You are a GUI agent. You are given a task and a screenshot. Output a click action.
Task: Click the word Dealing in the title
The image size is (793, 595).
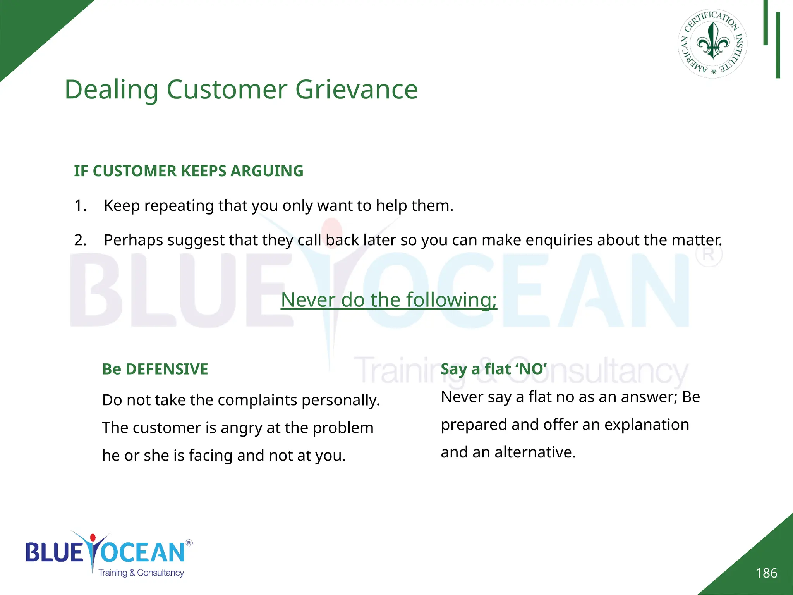(111, 89)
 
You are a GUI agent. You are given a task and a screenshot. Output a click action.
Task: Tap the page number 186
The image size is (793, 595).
(766, 573)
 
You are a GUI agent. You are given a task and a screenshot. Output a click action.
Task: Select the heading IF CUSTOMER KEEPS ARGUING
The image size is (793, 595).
(189, 171)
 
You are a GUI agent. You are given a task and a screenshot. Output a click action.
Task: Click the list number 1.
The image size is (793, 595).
(80, 206)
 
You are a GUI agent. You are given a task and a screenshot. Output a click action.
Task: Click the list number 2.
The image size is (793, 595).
(80, 240)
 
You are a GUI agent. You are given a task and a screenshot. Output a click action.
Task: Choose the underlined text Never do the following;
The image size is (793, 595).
(389, 300)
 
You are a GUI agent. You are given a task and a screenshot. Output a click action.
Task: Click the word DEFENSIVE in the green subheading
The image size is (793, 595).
(167, 369)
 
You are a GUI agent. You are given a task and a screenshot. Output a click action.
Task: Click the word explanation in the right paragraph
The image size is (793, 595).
(647, 425)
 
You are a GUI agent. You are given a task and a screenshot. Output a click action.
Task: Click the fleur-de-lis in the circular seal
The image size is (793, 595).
(713, 41)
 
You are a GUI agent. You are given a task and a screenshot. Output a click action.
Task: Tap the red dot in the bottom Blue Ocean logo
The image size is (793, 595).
(93, 538)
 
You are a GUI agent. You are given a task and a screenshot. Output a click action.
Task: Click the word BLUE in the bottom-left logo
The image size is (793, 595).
(54, 552)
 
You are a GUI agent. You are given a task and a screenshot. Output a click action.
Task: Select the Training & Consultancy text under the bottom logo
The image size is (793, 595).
(141, 573)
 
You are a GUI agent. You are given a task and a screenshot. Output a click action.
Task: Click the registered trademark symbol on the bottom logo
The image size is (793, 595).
(189, 543)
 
